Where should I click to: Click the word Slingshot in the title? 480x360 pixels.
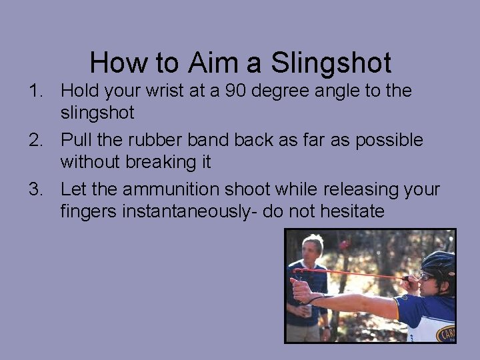click(x=331, y=63)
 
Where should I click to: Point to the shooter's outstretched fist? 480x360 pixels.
click(x=301, y=291)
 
